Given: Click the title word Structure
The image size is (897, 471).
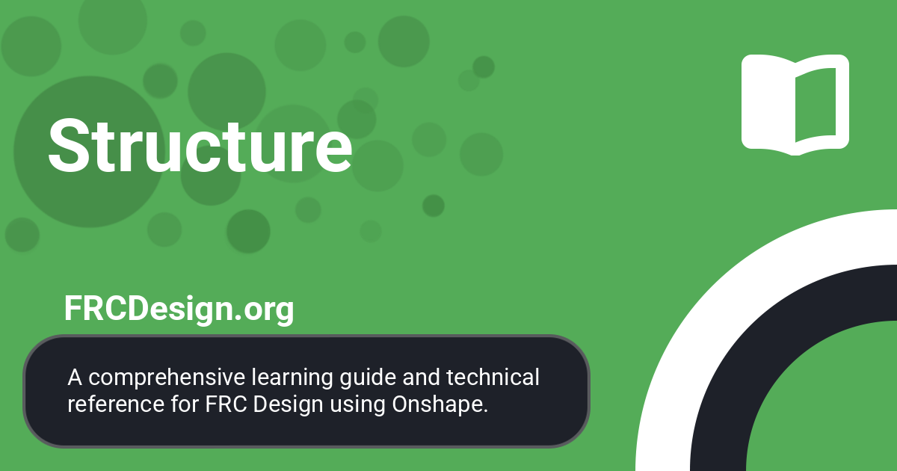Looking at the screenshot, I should pos(200,145).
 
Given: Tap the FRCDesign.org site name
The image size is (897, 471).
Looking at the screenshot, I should pos(179,309).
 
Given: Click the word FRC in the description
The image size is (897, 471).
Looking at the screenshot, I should pos(224,404).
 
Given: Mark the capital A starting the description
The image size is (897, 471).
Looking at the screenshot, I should pos(74,378).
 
